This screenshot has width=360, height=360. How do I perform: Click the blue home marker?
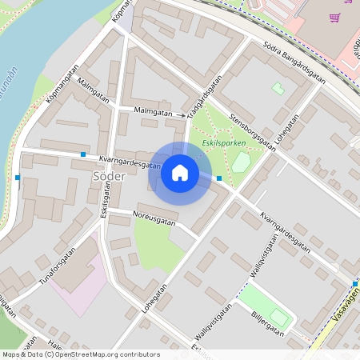pos(180,173)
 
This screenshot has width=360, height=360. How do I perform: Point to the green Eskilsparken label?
pos(223,144)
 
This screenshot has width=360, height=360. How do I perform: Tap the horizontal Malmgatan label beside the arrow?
pos(154,113)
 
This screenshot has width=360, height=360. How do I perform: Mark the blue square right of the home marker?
pos(219,178)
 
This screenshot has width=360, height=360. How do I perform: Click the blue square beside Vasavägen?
pos(354,283)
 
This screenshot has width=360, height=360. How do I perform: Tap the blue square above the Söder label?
pos(83,154)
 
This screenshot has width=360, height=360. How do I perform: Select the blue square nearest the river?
pos(18,177)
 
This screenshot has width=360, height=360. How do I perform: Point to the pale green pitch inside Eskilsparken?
pos(241,162)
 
